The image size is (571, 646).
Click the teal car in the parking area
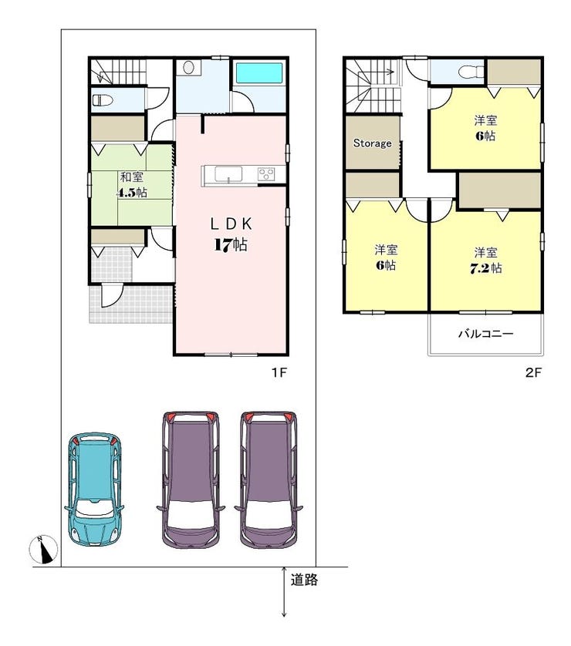click(x=93, y=490)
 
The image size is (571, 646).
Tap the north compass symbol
click(x=43, y=549)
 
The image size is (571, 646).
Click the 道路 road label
click(x=304, y=580)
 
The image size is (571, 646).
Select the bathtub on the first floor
click(x=259, y=74)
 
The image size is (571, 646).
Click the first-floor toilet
click(x=103, y=100)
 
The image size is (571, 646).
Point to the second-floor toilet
click(x=471, y=72)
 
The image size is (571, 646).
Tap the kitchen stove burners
click(x=266, y=173)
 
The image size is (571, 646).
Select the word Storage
click(x=372, y=143)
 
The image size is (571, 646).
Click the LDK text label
click(x=231, y=224)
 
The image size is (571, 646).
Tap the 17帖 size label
click(x=231, y=245)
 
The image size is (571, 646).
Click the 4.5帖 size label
click(x=133, y=193)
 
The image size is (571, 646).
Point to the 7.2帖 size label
click(x=486, y=268)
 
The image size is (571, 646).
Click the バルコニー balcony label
click(x=486, y=333)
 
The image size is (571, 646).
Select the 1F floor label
click(x=279, y=372)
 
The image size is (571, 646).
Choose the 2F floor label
click(x=532, y=372)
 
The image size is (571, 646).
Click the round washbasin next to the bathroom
click(x=188, y=68)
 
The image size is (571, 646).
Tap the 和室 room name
click(x=132, y=177)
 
